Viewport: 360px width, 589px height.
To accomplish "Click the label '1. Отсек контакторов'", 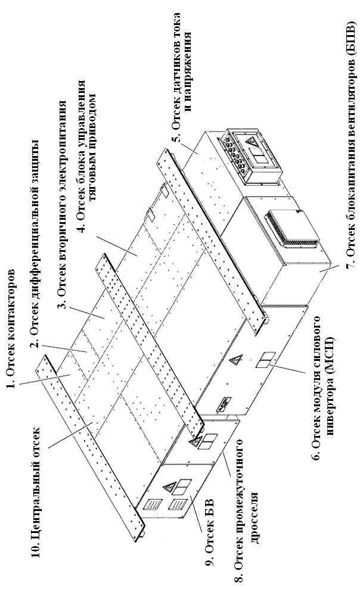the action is click(11, 328).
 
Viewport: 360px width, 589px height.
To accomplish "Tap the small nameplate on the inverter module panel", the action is click(224, 401).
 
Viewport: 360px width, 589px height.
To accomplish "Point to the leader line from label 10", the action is click(71, 434).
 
